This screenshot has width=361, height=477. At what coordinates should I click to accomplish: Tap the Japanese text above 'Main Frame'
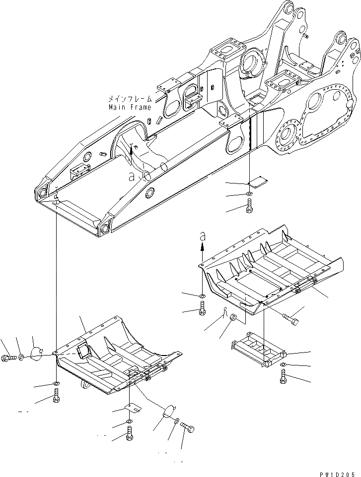click(130, 99)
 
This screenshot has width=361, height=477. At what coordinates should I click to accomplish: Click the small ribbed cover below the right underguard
click(258, 352)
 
